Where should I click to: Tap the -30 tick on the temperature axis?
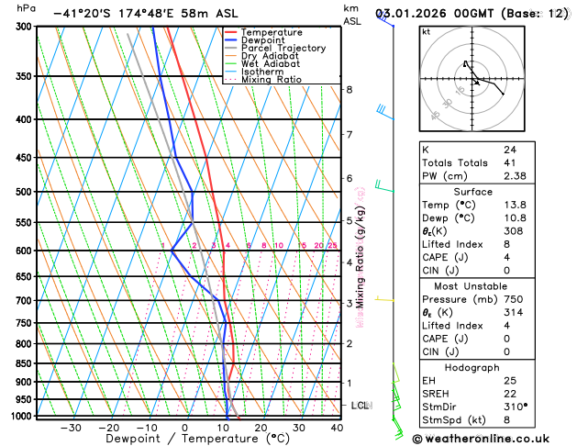click(x=70, y=428)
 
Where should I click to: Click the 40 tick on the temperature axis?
click(x=337, y=428)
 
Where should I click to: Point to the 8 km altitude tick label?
click(x=350, y=89)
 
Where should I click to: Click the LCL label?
click(x=360, y=405)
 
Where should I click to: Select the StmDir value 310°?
click(x=515, y=406)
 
